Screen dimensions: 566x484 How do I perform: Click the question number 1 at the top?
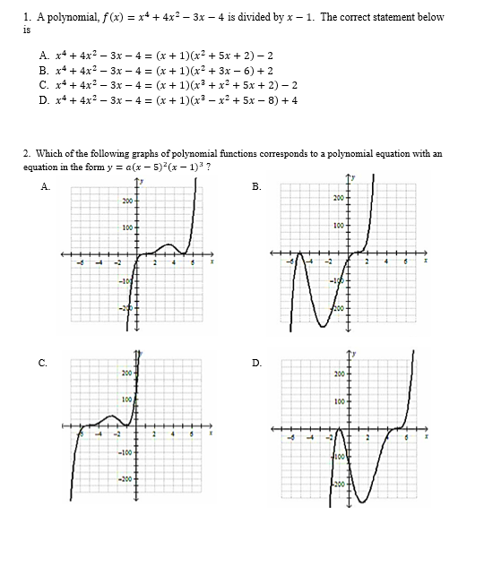[x=27, y=17]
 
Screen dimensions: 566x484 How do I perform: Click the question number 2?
[x=27, y=153]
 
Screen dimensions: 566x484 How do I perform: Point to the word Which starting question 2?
[x=48, y=153]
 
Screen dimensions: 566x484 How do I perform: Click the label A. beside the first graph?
[x=45, y=186]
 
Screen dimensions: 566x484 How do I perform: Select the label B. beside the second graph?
[x=257, y=186]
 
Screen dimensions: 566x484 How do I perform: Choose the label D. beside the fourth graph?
[x=257, y=362]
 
